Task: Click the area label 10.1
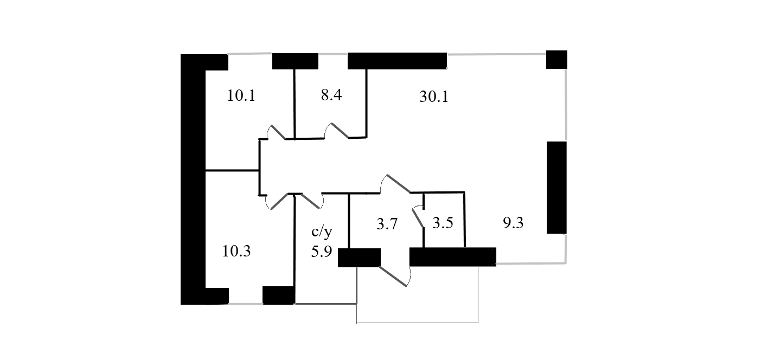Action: [241, 97]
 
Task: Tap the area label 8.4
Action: [331, 97]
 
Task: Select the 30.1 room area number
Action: [433, 97]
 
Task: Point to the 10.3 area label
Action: [236, 252]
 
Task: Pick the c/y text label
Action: [321, 233]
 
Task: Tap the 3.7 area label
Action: [388, 224]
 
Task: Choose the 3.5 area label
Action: [443, 223]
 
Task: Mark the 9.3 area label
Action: [513, 223]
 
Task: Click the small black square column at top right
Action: [556, 60]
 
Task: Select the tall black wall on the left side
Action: [193, 179]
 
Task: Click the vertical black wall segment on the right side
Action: [556, 187]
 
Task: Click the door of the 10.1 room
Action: [278, 132]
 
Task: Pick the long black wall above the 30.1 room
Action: [397, 61]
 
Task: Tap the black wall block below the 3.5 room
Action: [453, 256]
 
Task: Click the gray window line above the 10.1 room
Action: [249, 53]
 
